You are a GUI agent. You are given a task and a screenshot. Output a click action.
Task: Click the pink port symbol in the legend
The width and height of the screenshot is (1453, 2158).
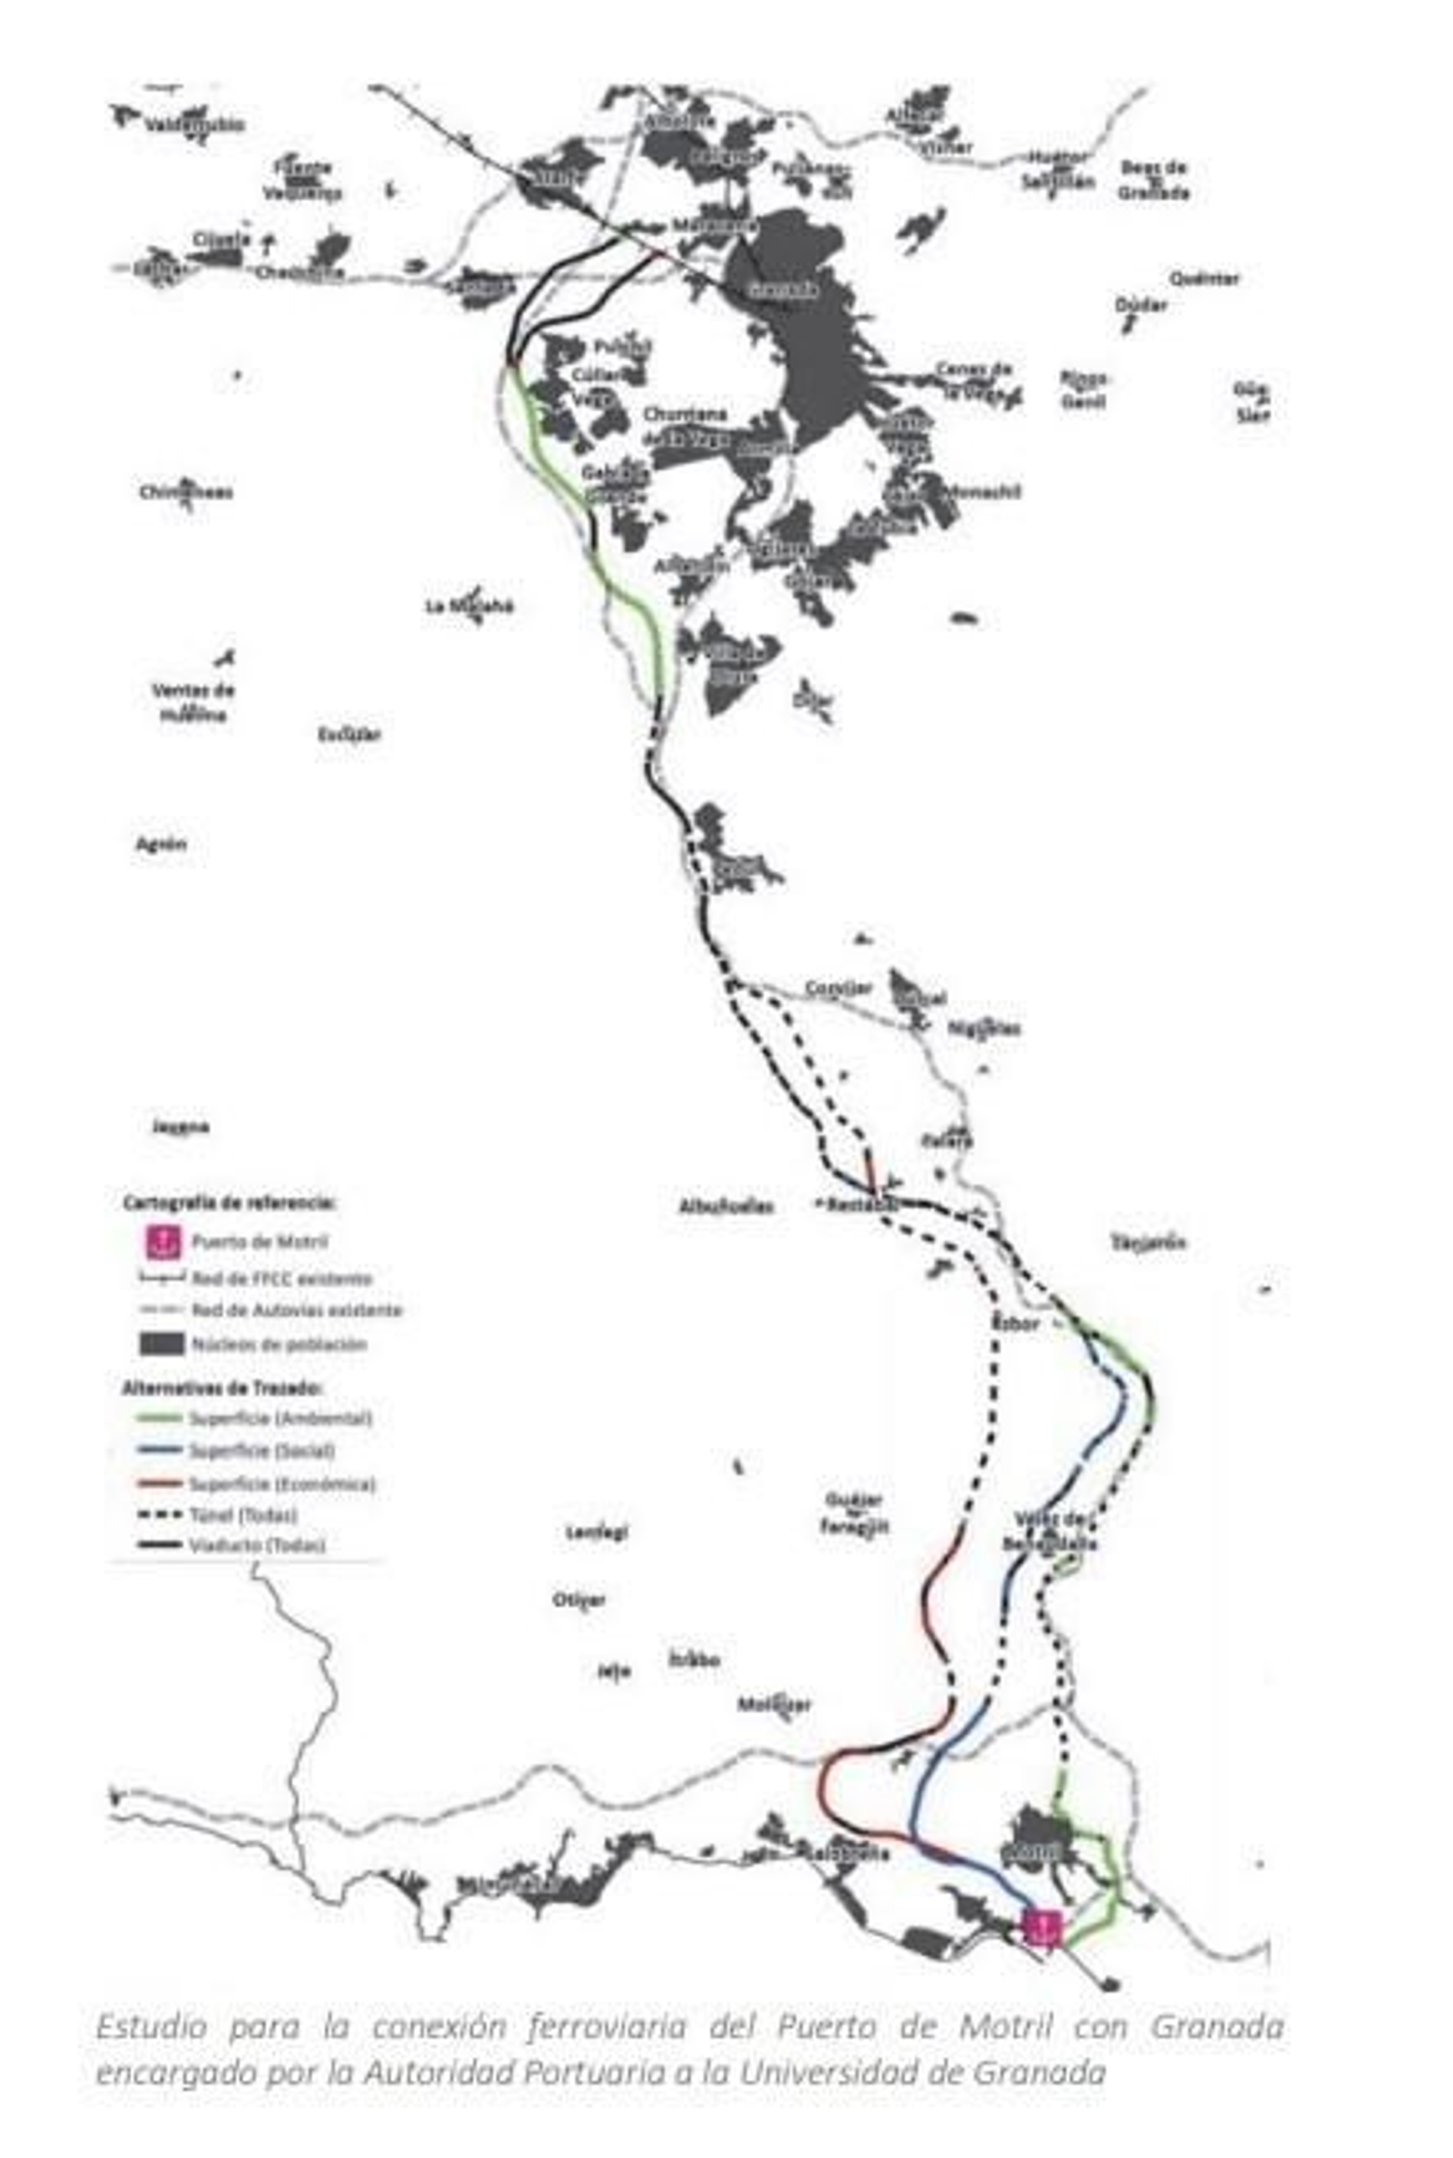point(163,1241)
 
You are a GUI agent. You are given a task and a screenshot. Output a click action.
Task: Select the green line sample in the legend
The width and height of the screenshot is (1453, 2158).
point(160,1418)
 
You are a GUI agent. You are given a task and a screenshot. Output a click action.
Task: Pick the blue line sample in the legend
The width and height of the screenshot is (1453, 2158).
point(160,1450)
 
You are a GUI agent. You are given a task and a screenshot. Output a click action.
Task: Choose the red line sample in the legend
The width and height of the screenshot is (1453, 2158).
point(160,1483)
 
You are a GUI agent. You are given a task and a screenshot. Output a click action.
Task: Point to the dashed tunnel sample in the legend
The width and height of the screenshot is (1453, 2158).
point(160,1515)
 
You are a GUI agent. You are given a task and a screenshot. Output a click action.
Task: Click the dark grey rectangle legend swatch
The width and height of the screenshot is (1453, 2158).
point(162,1343)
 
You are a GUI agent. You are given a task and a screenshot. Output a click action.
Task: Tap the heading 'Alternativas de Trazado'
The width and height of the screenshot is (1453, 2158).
point(222,1388)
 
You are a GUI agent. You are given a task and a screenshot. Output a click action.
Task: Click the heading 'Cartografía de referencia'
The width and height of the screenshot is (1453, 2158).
point(229,1203)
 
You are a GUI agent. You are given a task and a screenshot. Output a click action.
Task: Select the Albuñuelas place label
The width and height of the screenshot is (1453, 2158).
point(726,1206)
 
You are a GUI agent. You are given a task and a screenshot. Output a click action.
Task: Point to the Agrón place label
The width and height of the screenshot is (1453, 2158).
point(162,844)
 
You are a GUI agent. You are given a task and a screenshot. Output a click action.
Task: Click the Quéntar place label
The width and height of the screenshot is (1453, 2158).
point(1202,278)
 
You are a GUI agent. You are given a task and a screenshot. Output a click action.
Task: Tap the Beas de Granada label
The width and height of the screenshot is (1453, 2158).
point(1152,180)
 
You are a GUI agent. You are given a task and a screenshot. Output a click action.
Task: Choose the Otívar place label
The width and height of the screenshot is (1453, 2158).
point(579,1600)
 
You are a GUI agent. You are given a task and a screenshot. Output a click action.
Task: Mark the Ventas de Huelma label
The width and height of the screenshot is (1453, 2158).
point(193,701)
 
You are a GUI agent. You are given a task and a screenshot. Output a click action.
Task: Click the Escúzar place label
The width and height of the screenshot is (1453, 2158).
point(350,735)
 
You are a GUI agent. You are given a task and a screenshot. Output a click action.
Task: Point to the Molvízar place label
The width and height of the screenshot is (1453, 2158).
point(775,1705)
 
